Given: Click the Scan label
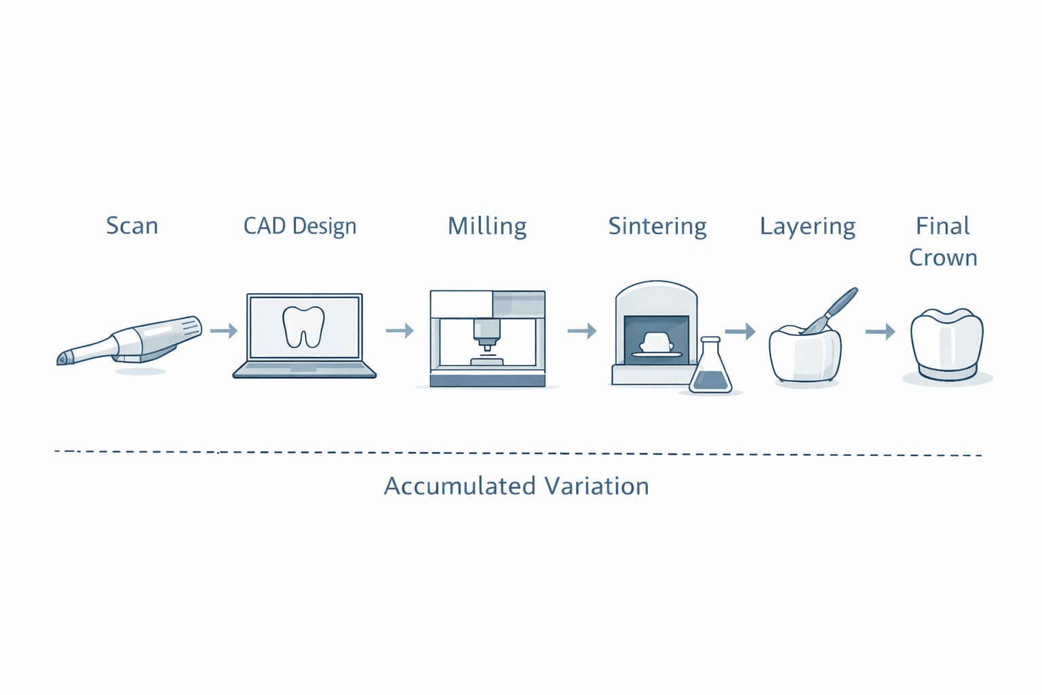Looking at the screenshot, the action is coord(132,226).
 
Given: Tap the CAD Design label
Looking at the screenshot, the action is coord(300,226).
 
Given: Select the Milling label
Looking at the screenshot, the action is coord(487,226).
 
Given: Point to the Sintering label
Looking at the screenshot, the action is coord(657,227).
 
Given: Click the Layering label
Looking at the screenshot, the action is coord(807,227).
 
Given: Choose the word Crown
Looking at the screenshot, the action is coord(943,257).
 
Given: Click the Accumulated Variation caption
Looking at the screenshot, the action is coord(516,486).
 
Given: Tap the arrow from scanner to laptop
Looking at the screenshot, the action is coord(224,331).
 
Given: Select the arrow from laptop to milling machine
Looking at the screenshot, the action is coord(400,331).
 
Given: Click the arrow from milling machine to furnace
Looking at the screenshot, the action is coord(582,331).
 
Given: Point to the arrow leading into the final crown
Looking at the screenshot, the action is coord(880,331).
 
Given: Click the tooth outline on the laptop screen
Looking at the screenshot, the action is coord(304,326).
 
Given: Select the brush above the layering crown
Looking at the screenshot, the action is coord(830,311).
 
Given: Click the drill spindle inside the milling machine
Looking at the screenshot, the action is coord(487,335).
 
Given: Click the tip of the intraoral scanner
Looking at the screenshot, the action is coord(62,359).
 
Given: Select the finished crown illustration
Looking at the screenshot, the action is coord(947,345).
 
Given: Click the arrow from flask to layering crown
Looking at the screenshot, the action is coord(740,331).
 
